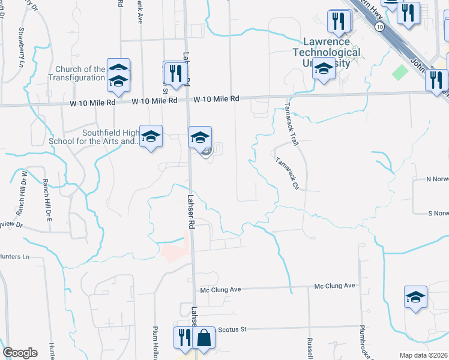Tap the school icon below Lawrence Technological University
pos(324,71)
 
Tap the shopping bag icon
pos(204,337)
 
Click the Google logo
pos(20,353)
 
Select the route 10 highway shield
pos(379,27)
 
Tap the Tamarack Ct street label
pos(287,173)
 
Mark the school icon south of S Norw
pos(415,298)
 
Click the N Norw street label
pos(436,179)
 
